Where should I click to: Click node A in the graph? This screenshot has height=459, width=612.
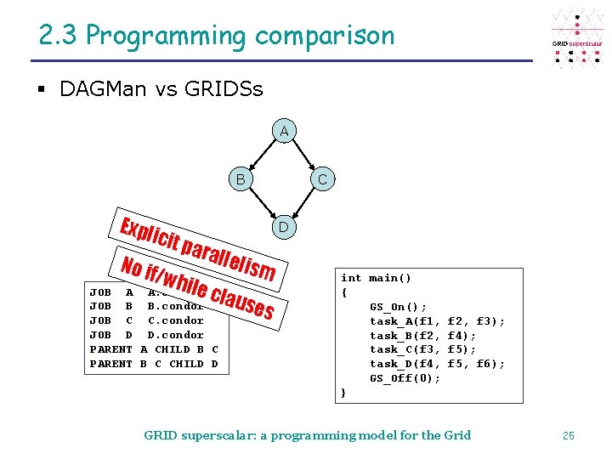point(284,131)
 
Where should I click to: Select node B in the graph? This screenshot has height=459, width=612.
point(241,179)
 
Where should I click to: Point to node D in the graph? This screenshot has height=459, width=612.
point(284,227)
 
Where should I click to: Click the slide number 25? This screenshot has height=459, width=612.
point(569,435)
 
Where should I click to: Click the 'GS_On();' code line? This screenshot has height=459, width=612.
point(399,307)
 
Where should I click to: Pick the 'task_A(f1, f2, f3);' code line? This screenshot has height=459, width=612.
point(437,321)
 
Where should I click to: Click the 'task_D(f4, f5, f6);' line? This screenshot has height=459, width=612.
point(437,364)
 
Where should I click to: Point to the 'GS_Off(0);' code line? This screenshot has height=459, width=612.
point(405,378)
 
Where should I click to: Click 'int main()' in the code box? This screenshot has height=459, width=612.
point(376,278)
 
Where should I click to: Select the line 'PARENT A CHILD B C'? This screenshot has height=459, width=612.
point(154,349)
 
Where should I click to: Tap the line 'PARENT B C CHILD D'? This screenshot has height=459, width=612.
point(154,364)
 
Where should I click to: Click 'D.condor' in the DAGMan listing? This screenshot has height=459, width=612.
point(175,335)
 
